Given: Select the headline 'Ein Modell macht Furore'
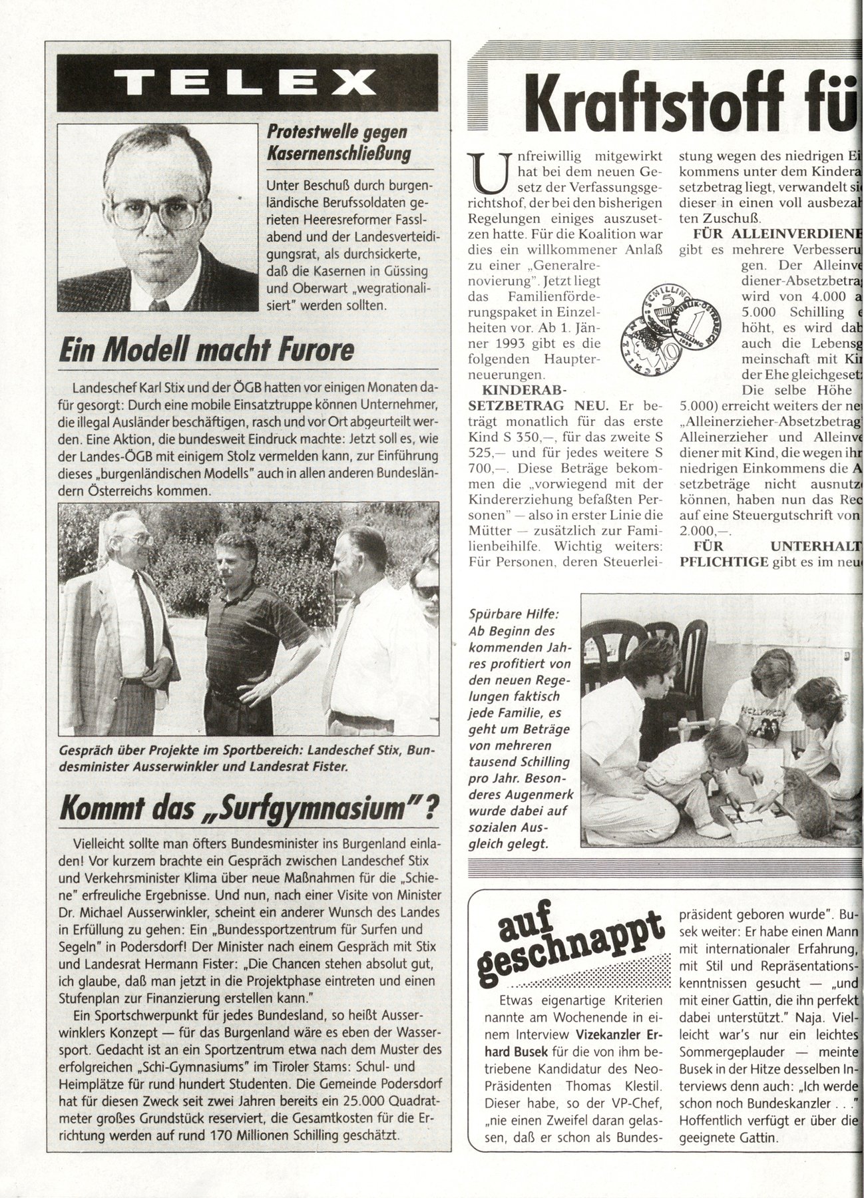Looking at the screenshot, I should [x=206, y=349].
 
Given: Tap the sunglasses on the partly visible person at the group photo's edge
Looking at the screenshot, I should [x=425, y=591].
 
